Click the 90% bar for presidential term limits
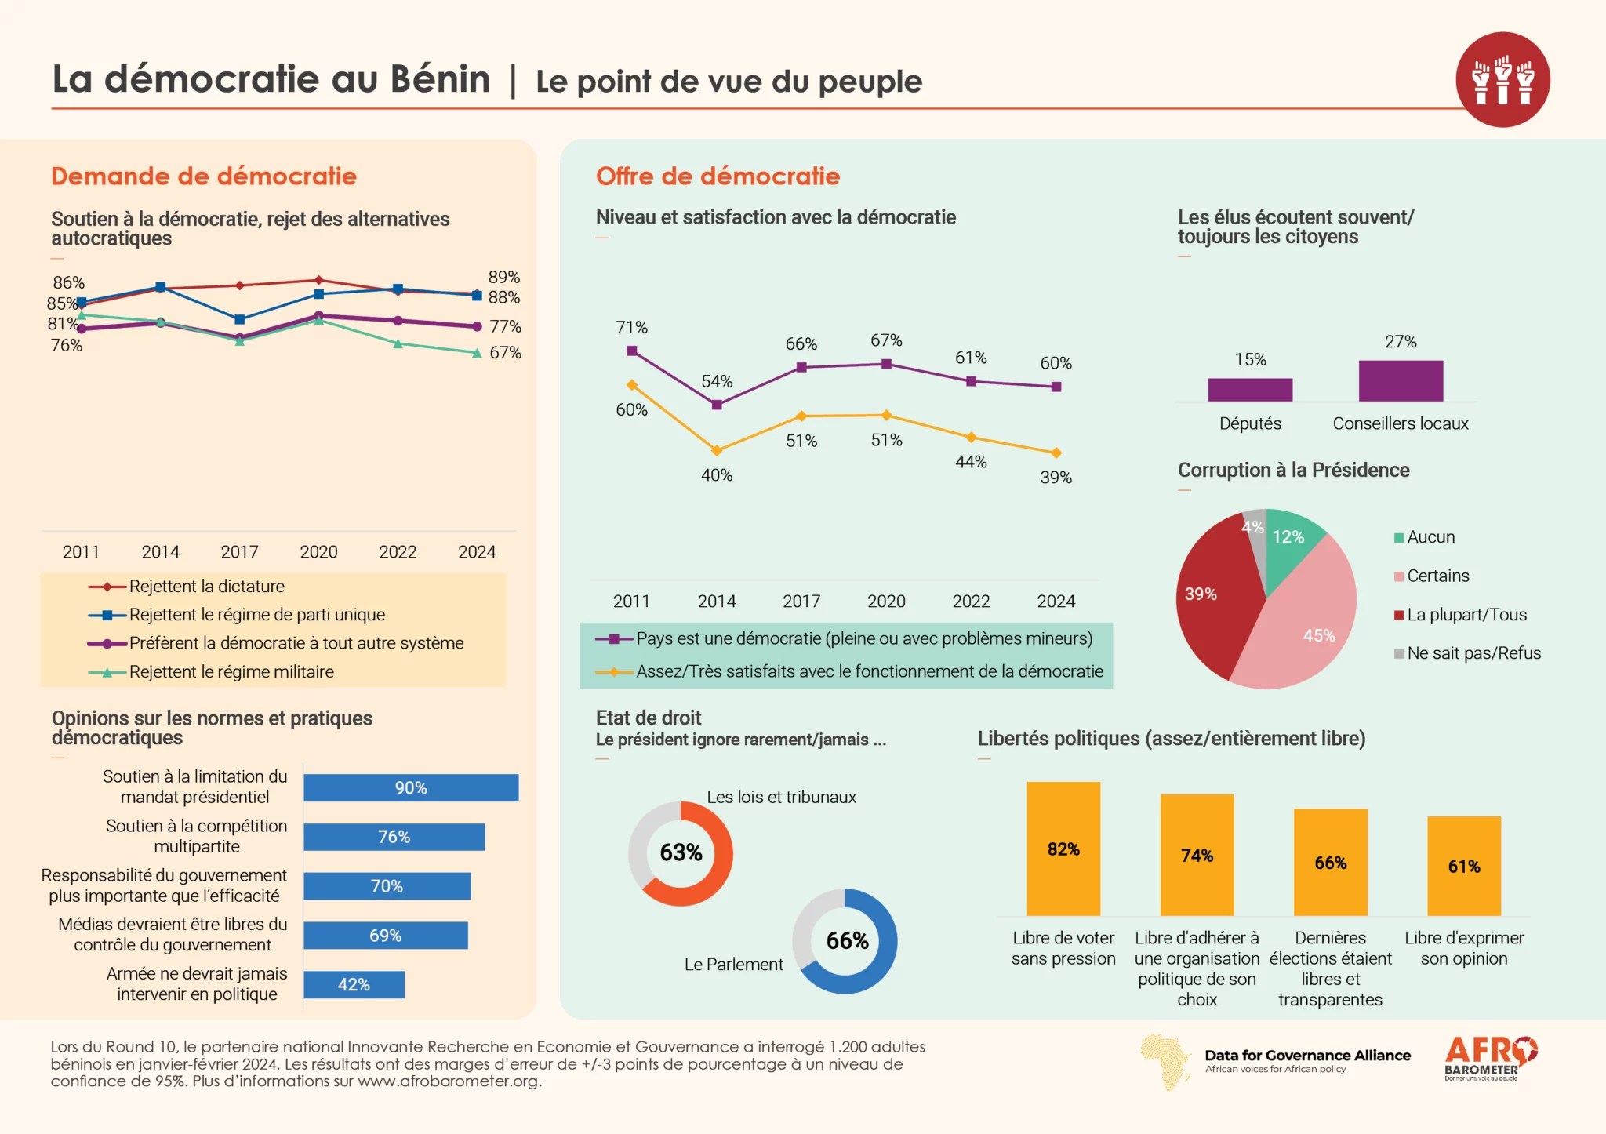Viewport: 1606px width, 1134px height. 411,787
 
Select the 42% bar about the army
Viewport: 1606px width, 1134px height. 354,984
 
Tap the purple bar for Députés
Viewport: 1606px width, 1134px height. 1250,390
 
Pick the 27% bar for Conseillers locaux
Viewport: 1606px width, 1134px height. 1401,381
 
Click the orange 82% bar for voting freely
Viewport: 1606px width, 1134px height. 1063,849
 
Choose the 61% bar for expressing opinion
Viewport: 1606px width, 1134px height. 1464,866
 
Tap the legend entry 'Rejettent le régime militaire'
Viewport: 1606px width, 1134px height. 231,672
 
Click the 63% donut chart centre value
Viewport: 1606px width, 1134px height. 681,852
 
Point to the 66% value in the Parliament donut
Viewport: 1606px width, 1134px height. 847,940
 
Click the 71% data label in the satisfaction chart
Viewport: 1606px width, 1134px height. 631,328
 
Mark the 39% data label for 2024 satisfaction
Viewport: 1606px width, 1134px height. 1056,478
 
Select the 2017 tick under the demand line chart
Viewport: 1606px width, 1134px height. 239,552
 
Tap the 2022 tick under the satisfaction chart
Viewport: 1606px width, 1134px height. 971,602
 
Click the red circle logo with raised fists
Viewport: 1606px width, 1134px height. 1502,80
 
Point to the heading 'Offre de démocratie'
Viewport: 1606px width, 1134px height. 718,176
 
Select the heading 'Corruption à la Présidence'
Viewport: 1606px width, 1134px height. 1293,471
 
